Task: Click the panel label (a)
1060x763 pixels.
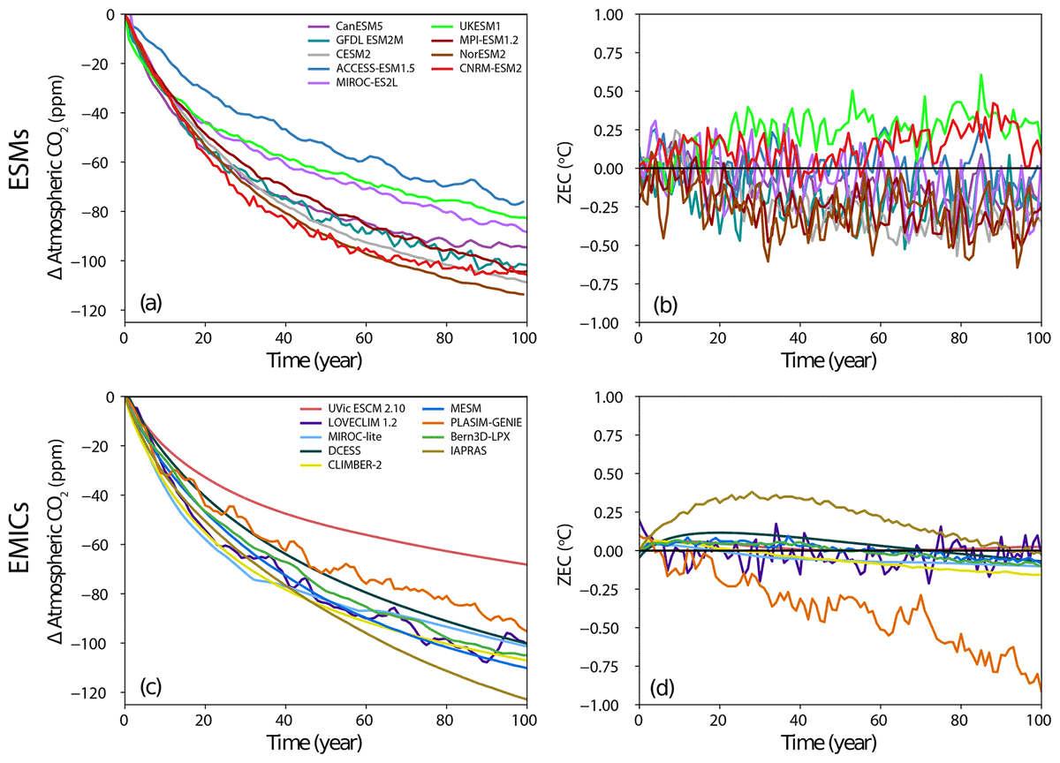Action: [151, 305]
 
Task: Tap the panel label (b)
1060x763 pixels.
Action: [665, 305]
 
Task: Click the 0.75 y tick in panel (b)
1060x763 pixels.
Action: [608, 53]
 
